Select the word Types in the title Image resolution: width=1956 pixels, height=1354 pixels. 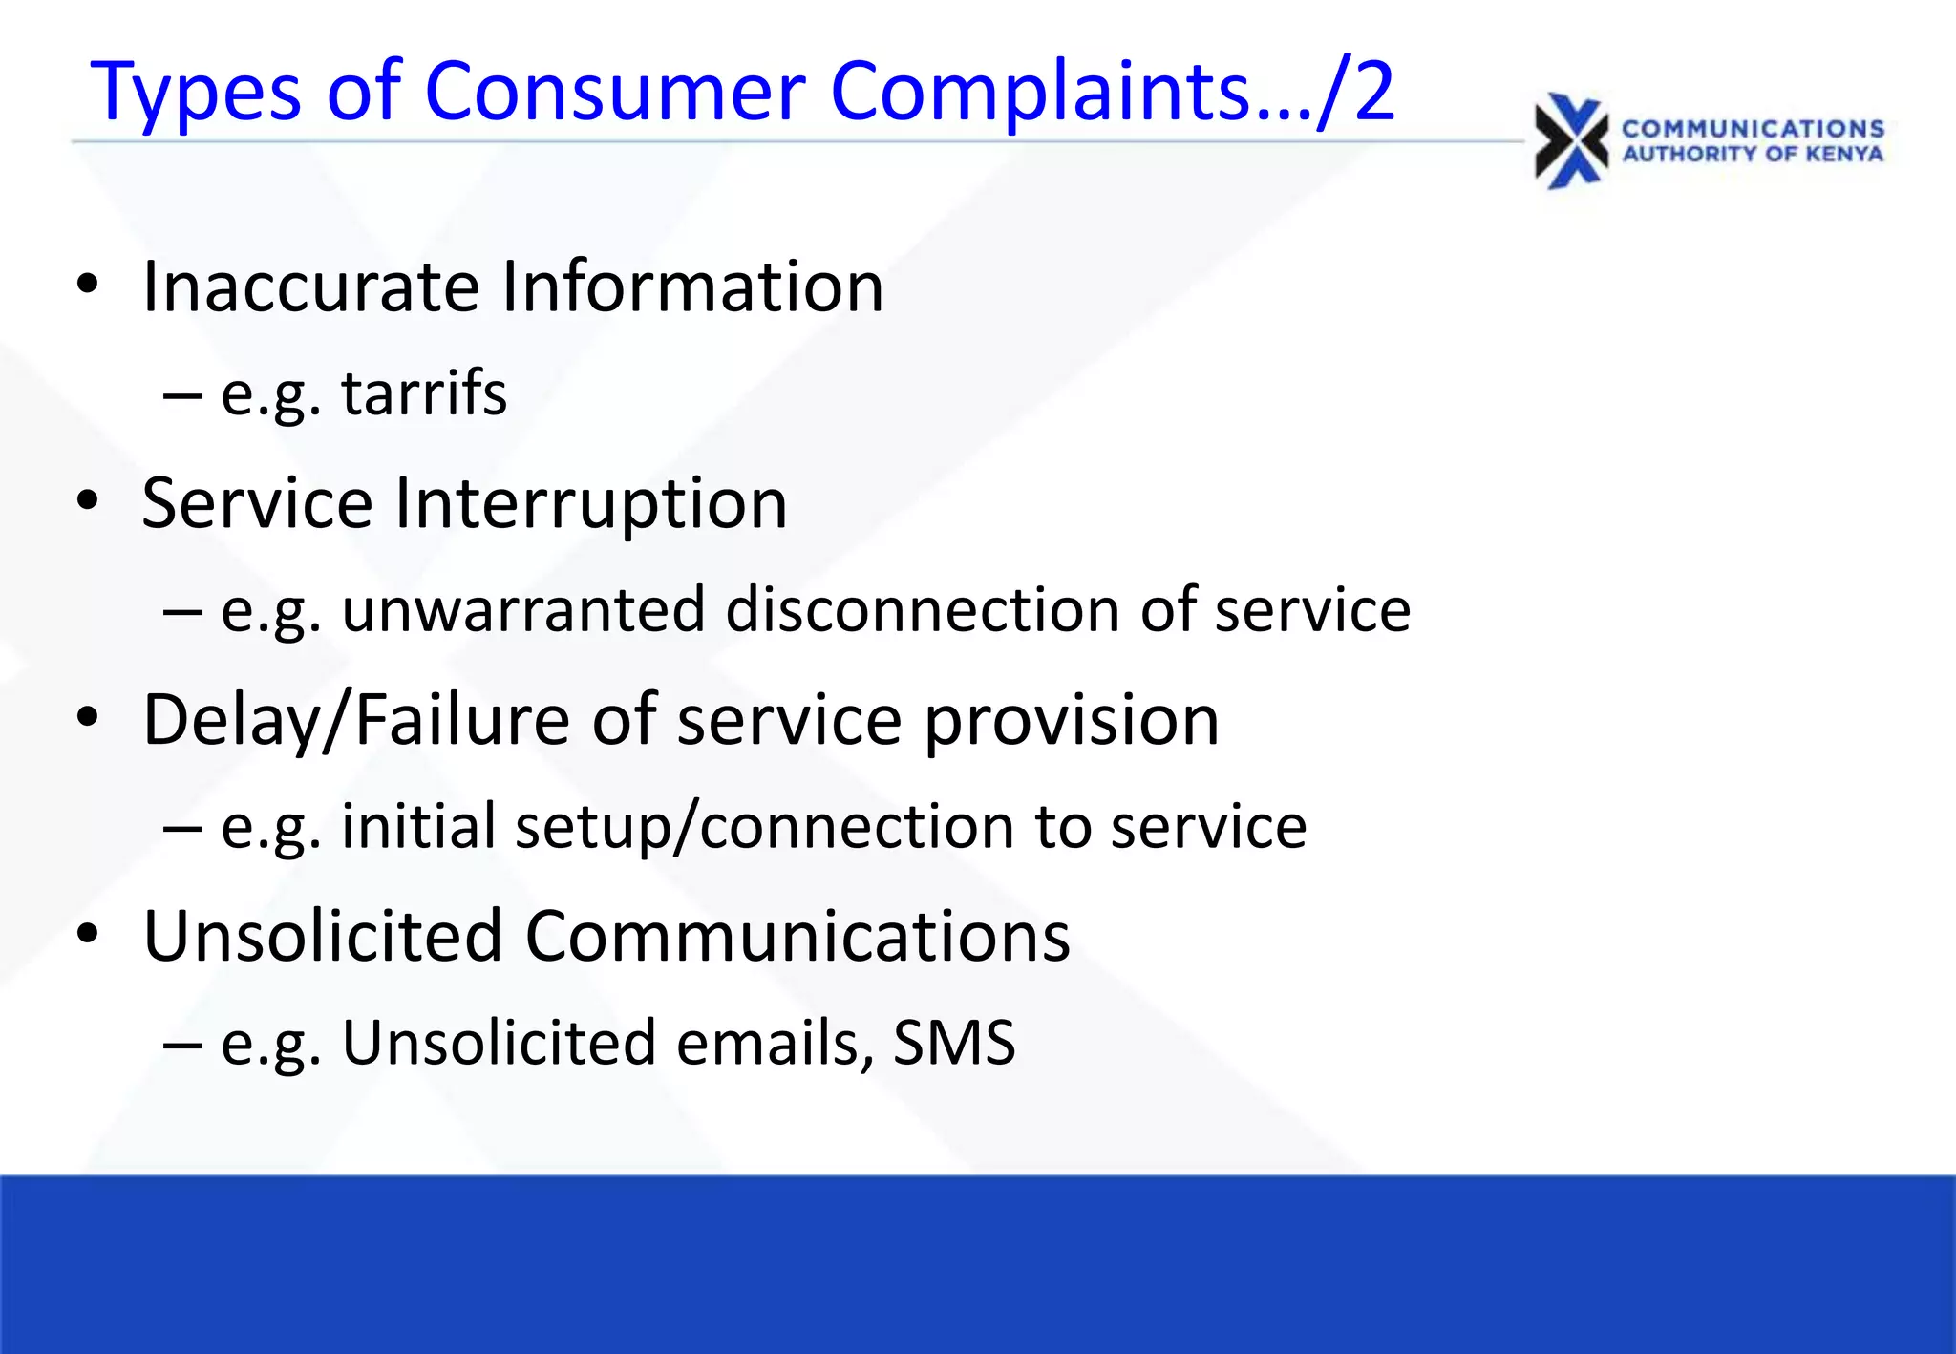(x=196, y=94)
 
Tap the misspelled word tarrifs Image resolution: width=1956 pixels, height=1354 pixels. (x=424, y=393)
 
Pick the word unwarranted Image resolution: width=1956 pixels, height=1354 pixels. (x=522, y=610)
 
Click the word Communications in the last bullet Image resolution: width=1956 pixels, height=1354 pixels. (x=797, y=936)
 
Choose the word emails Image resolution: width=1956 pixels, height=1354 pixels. (x=774, y=1043)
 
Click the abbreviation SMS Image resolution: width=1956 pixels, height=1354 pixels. (x=953, y=1043)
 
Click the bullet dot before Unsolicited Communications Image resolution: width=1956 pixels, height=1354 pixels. (x=88, y=934)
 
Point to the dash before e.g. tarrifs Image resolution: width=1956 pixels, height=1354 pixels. (x=181, y=394)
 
